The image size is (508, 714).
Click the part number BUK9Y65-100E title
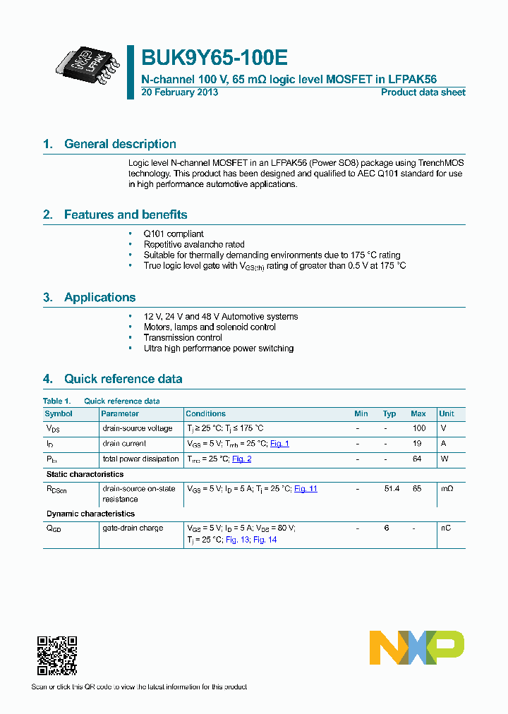pos(214,57)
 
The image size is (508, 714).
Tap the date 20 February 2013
pos(180,92)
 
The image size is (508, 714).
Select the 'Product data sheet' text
pos(423,92)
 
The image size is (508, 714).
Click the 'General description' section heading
pos(120,144)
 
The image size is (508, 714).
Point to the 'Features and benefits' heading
pos(126,214)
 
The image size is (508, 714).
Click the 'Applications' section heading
pos(99,297)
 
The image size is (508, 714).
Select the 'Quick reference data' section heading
pos(123,379)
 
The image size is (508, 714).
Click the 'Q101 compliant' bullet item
pos(174,234)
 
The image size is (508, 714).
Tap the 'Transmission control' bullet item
pos(183,337)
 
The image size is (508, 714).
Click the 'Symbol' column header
pos(59,413)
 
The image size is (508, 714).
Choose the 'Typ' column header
pos(389,413)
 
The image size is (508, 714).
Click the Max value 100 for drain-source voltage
pos(419,428)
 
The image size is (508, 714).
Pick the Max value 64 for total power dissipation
pos(418,459)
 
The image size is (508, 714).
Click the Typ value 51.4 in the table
pos(391,488)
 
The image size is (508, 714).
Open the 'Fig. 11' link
pos(306,488)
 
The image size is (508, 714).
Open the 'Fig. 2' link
pos(241,459)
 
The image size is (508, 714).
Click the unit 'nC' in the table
pos(445,528)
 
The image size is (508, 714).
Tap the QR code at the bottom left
pos(56,655)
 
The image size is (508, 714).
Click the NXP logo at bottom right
pos(417,648)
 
